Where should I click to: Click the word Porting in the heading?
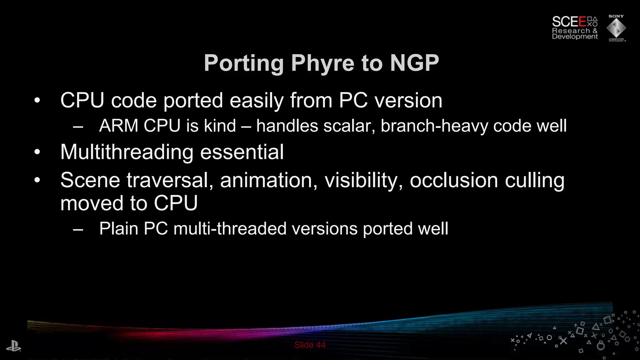(x=244, y=63)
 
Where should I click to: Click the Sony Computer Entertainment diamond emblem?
(x=616, y=28)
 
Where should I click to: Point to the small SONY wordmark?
(x=616, y=16)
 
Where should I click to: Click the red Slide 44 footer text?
(x=310, y=345)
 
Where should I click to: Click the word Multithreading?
(x=127, y=152)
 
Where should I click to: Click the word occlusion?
(x=454, y=181)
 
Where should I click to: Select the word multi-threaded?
(x=230, y=228)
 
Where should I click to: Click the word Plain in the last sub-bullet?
(x=118, y=228)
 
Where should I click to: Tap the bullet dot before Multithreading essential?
(x=37, y=152)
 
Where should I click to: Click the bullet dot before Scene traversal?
(x=37, y=180)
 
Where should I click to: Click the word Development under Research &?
(x=575, y=37)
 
